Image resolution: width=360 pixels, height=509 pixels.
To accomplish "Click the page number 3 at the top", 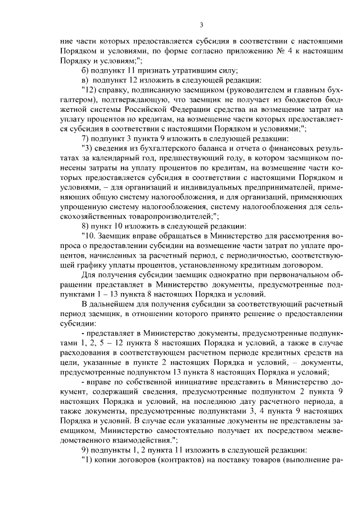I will click(x=200, y=24).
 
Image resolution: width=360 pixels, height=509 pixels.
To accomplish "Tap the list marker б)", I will click(x=85, y=70).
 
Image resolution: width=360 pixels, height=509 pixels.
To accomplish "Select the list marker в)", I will click(x=85, y=80).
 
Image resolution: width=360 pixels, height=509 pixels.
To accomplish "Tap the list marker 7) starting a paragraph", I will click(x=85, y=138).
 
